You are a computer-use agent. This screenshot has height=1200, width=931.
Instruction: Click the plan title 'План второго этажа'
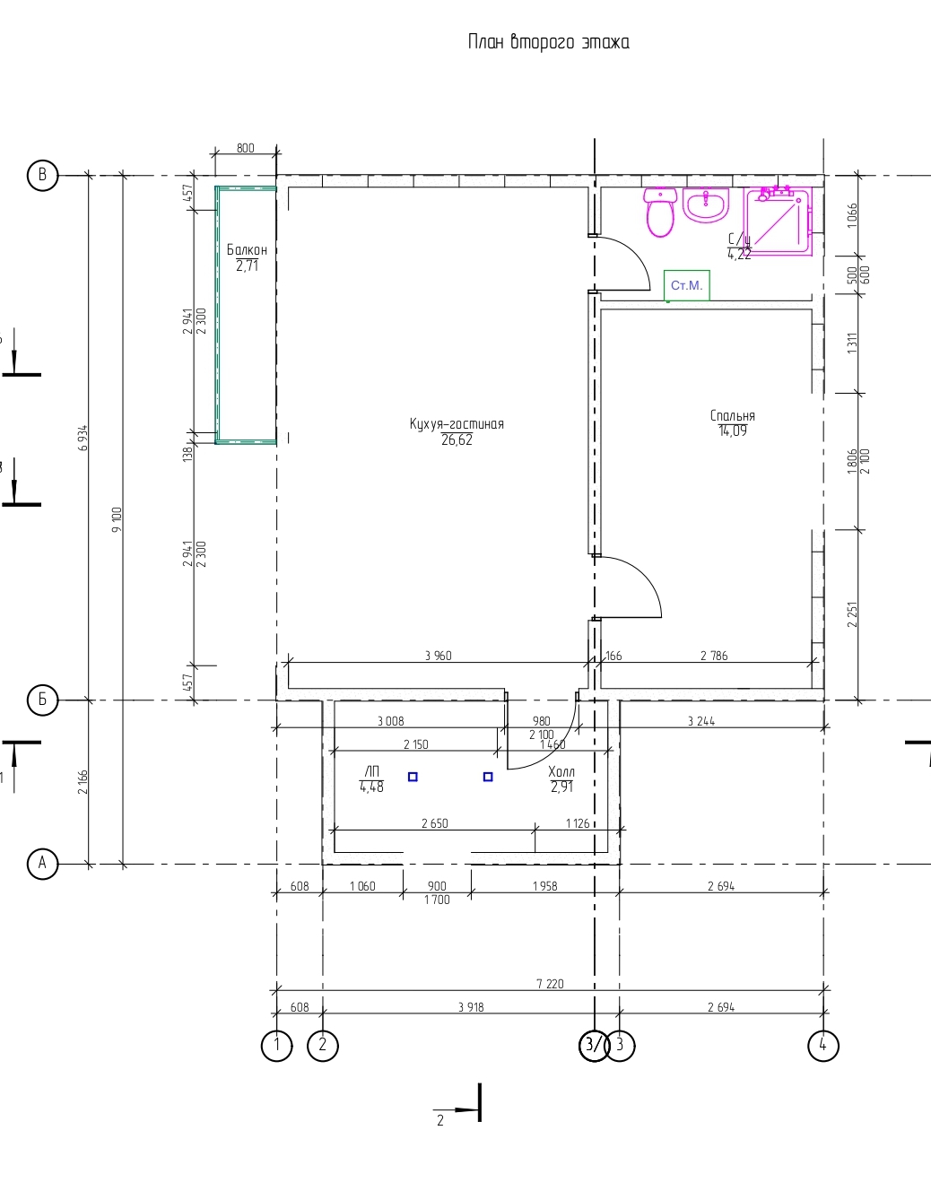pyautogui.click(x=548, y=42)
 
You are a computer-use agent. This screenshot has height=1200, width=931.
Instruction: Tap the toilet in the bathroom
pyautogui.click(x=660, y=213)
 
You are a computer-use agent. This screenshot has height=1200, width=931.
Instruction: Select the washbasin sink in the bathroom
pyautogui.click(x=706, y=205)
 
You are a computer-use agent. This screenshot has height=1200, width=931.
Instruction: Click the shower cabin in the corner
pyautogui.click(x=778, y=221)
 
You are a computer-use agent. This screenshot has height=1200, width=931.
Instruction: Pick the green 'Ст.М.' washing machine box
pyautogui.click(x=687, y=285)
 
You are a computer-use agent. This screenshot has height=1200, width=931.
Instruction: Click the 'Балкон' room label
pyautogui.click(x=247, y=249)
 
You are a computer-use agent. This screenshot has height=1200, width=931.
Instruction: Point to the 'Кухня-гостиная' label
pyautogui.click(x=457, y=423)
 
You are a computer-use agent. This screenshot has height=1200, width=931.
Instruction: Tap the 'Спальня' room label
pyautogui.click(x=732, y=415)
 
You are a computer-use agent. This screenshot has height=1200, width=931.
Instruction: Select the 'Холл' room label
pyautogui.click(x=561, y=771)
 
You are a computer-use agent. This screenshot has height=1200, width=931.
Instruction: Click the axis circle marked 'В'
pyautogui.click(x=42, y=175)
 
